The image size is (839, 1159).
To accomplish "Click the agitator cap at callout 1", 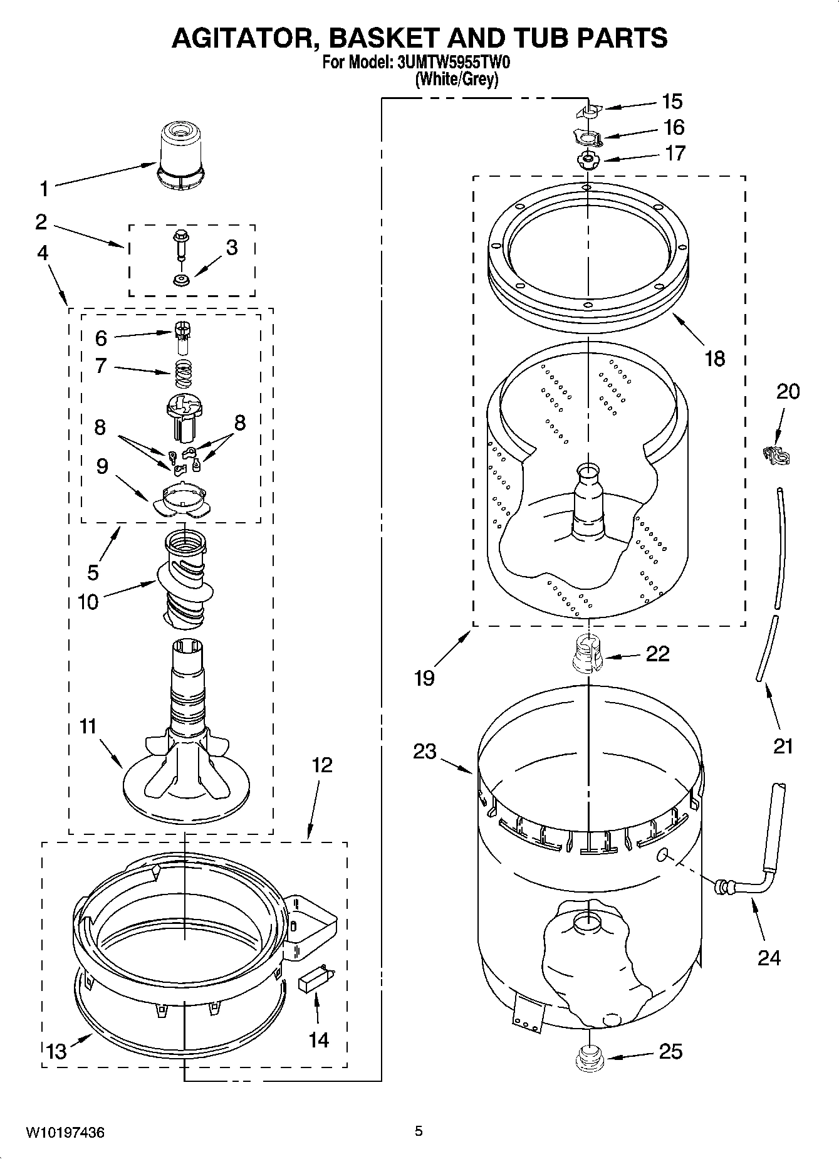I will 180,155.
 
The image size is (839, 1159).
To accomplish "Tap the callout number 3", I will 232,248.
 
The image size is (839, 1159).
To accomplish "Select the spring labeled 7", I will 181,369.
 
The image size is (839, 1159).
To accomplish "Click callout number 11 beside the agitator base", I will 88,726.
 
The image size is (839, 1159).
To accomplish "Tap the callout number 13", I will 56,1051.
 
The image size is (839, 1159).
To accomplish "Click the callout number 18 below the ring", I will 714,359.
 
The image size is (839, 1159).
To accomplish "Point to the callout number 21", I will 783,746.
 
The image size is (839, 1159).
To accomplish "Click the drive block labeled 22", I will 588,654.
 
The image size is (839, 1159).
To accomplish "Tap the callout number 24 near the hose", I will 769,958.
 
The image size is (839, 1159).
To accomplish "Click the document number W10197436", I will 65,1132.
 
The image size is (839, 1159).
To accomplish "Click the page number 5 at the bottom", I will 419,1131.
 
